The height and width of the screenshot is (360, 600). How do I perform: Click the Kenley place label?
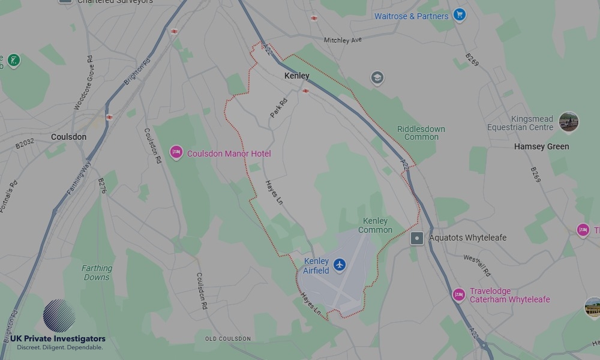(297, 76)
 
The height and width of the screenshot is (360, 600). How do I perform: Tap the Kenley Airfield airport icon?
(340, 265)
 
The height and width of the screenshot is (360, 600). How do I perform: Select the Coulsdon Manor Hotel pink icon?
(176, 153)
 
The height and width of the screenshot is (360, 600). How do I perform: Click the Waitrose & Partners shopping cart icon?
(459, 15)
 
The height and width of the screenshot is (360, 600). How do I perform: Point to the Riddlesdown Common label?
(421, 133)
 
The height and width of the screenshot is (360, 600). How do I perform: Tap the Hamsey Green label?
(541, 146)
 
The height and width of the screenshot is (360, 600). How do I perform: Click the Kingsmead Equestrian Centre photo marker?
(568, 122)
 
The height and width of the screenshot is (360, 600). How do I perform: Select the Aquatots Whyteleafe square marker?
(417, 238)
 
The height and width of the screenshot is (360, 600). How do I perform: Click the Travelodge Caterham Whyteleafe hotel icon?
(459, 295)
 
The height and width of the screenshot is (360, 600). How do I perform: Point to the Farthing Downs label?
(97, 273)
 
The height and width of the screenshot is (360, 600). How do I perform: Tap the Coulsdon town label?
(68, 137)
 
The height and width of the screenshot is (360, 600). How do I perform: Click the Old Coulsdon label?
(228, 339)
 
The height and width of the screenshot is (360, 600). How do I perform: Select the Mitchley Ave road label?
(343, 40)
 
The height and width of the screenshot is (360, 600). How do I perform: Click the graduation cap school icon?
(377, 78)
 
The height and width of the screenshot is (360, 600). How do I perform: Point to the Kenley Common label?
(376, 226)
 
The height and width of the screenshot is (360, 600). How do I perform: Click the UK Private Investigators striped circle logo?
(59, 316)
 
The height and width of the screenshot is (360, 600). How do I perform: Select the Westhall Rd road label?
(477, 265)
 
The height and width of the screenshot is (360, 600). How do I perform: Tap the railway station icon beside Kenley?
(306, 91)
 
